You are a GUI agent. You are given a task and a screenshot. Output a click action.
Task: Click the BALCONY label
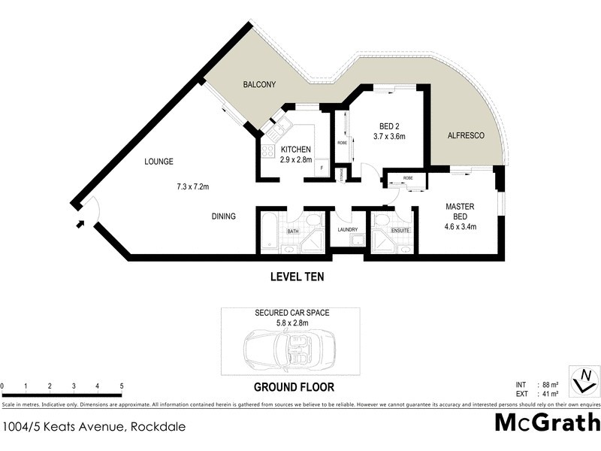click(x=259, y=85)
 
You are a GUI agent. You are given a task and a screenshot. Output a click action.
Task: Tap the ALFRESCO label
click(x=466, y=135)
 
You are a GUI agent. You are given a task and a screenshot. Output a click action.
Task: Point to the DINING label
click(x=223, y=216)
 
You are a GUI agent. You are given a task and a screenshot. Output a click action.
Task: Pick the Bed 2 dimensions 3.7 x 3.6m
click(x=389, y=137)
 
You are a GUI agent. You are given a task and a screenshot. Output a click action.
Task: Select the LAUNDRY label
click(x=347, y=230)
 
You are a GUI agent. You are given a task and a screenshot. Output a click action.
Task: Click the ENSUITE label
click(x=400, y=231)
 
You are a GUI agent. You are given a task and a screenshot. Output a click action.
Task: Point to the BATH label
click(x=293, y=231)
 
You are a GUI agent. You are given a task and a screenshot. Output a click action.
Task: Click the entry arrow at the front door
click(x=80, y=222)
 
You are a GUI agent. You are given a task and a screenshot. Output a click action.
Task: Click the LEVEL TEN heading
click(x=297, y=277)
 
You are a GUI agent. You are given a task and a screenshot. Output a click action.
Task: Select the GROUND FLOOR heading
click(x=293, y=388)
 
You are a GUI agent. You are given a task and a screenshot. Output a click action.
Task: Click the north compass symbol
click(x=584, y=380)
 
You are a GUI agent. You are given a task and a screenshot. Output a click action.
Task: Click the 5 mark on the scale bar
click(x=121, y=386)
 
